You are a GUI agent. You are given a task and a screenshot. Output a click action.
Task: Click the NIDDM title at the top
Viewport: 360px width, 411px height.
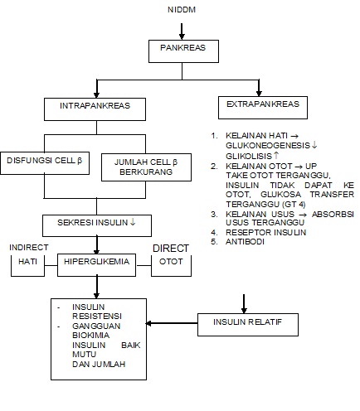click(x=181, y=11)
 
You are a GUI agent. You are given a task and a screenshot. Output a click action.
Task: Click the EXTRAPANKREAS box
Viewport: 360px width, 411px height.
click(x=257, y=107)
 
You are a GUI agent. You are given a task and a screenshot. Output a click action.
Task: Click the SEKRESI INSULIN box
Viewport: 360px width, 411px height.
click(x=96, y=224)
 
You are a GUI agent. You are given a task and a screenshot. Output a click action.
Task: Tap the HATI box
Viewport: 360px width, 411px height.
click(x=27, y=264)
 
